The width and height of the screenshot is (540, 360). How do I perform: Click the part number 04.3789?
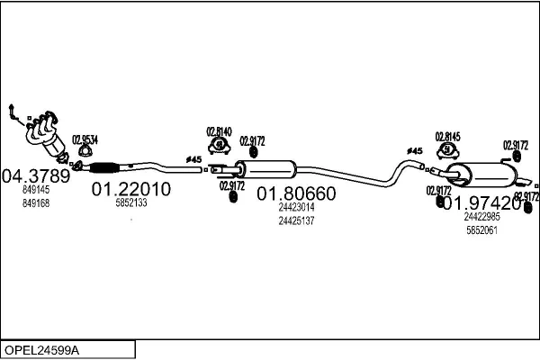37,175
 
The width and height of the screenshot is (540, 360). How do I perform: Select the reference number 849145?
36,191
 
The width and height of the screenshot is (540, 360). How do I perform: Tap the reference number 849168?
36,203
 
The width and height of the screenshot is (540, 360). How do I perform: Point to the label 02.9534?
85,139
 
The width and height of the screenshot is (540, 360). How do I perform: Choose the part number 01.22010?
131,189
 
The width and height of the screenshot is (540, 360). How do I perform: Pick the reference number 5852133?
131,203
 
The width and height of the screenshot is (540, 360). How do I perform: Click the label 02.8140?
220,131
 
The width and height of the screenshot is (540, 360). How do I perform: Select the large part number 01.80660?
296,193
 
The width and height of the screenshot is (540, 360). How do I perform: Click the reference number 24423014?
296,208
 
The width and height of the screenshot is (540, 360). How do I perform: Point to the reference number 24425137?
296,220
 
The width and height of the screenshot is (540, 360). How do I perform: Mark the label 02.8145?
448,136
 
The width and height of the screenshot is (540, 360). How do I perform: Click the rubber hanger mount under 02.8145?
447,149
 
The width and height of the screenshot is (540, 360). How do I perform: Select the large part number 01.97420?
481,203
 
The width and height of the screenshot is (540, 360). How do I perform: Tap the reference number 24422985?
482,217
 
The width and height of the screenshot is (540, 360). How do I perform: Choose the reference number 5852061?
482,230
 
